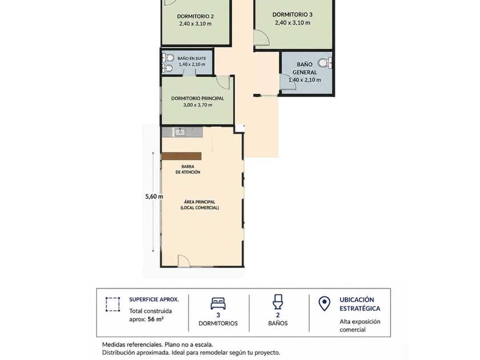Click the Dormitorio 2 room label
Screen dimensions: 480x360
195,17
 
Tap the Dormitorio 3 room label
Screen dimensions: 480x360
293,14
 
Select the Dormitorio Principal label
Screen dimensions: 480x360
198,98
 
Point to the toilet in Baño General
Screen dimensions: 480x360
324,63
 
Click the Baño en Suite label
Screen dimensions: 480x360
191,58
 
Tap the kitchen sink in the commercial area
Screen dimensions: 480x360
181,132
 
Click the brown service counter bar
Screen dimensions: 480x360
181,156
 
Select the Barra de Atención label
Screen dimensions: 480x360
187,169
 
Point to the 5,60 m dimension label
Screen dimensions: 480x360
154,197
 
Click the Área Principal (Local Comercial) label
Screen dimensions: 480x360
199,205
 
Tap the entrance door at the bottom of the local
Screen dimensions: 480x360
184,261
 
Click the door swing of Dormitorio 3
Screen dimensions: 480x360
262,38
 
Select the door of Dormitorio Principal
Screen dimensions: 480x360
223,82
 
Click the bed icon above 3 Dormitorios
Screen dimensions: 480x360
218,303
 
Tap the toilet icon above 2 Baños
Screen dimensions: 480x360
278,302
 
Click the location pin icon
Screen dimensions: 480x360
324,303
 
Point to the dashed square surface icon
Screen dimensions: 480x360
113,304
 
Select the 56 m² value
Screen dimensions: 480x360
155,319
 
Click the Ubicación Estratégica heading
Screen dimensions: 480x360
359,304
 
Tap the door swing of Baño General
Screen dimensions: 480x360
288,82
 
